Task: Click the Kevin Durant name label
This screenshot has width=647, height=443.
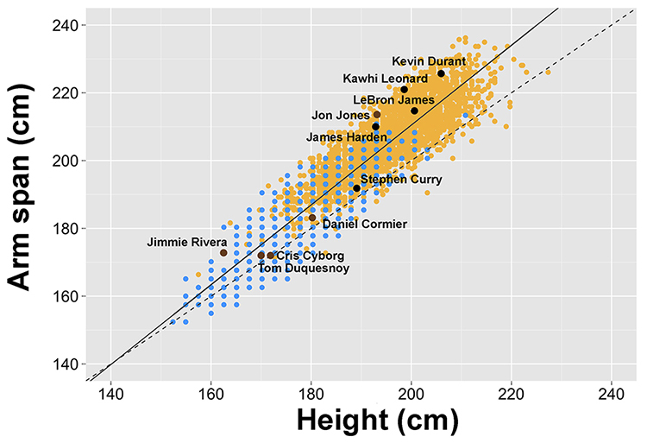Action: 429,61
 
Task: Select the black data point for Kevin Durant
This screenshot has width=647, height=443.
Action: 441,73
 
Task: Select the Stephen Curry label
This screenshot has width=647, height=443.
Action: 401,180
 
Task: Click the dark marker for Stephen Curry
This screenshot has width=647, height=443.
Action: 357,188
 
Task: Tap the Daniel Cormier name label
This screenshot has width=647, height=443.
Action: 364,224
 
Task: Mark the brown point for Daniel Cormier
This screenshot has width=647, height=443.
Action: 312,218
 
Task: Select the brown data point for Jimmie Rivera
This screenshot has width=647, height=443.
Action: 223,253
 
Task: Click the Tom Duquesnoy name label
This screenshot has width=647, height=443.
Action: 299,269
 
